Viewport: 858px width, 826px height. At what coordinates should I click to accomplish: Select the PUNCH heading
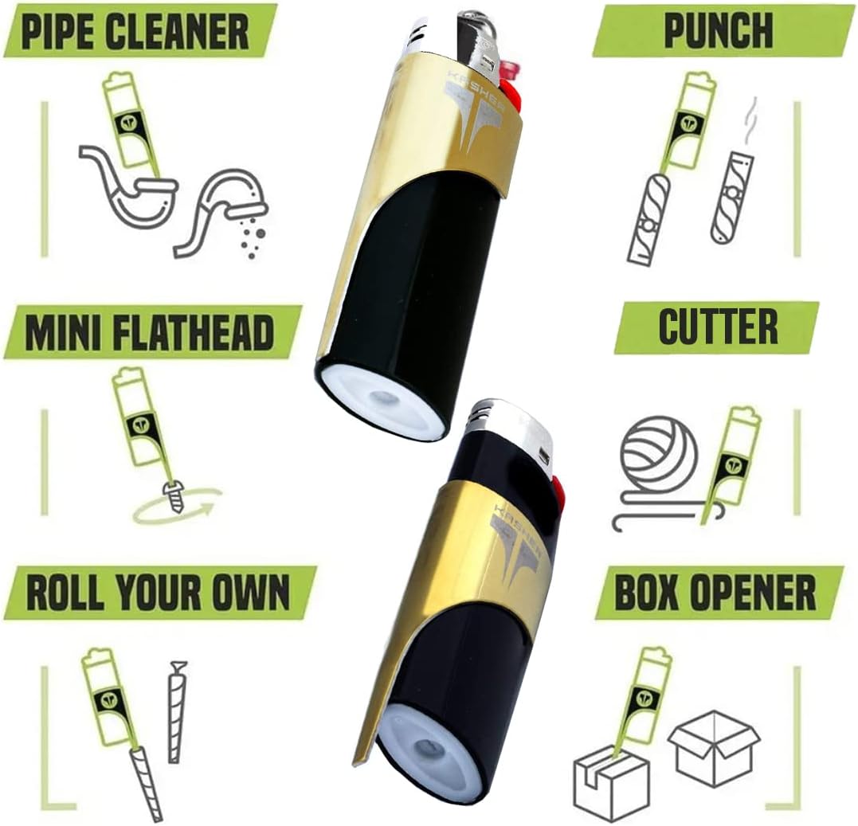719,30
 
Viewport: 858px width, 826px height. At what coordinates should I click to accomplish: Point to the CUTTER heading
718,327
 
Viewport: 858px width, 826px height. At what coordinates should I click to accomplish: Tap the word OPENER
761,593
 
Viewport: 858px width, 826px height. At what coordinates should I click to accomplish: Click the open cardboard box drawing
714,742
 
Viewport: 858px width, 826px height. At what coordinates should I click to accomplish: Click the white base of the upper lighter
383,397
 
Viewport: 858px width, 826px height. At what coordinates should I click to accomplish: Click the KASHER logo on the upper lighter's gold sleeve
472,108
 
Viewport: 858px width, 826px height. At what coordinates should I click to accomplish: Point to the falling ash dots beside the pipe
253,237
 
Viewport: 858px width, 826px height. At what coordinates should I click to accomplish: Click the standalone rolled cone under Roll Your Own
175,711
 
